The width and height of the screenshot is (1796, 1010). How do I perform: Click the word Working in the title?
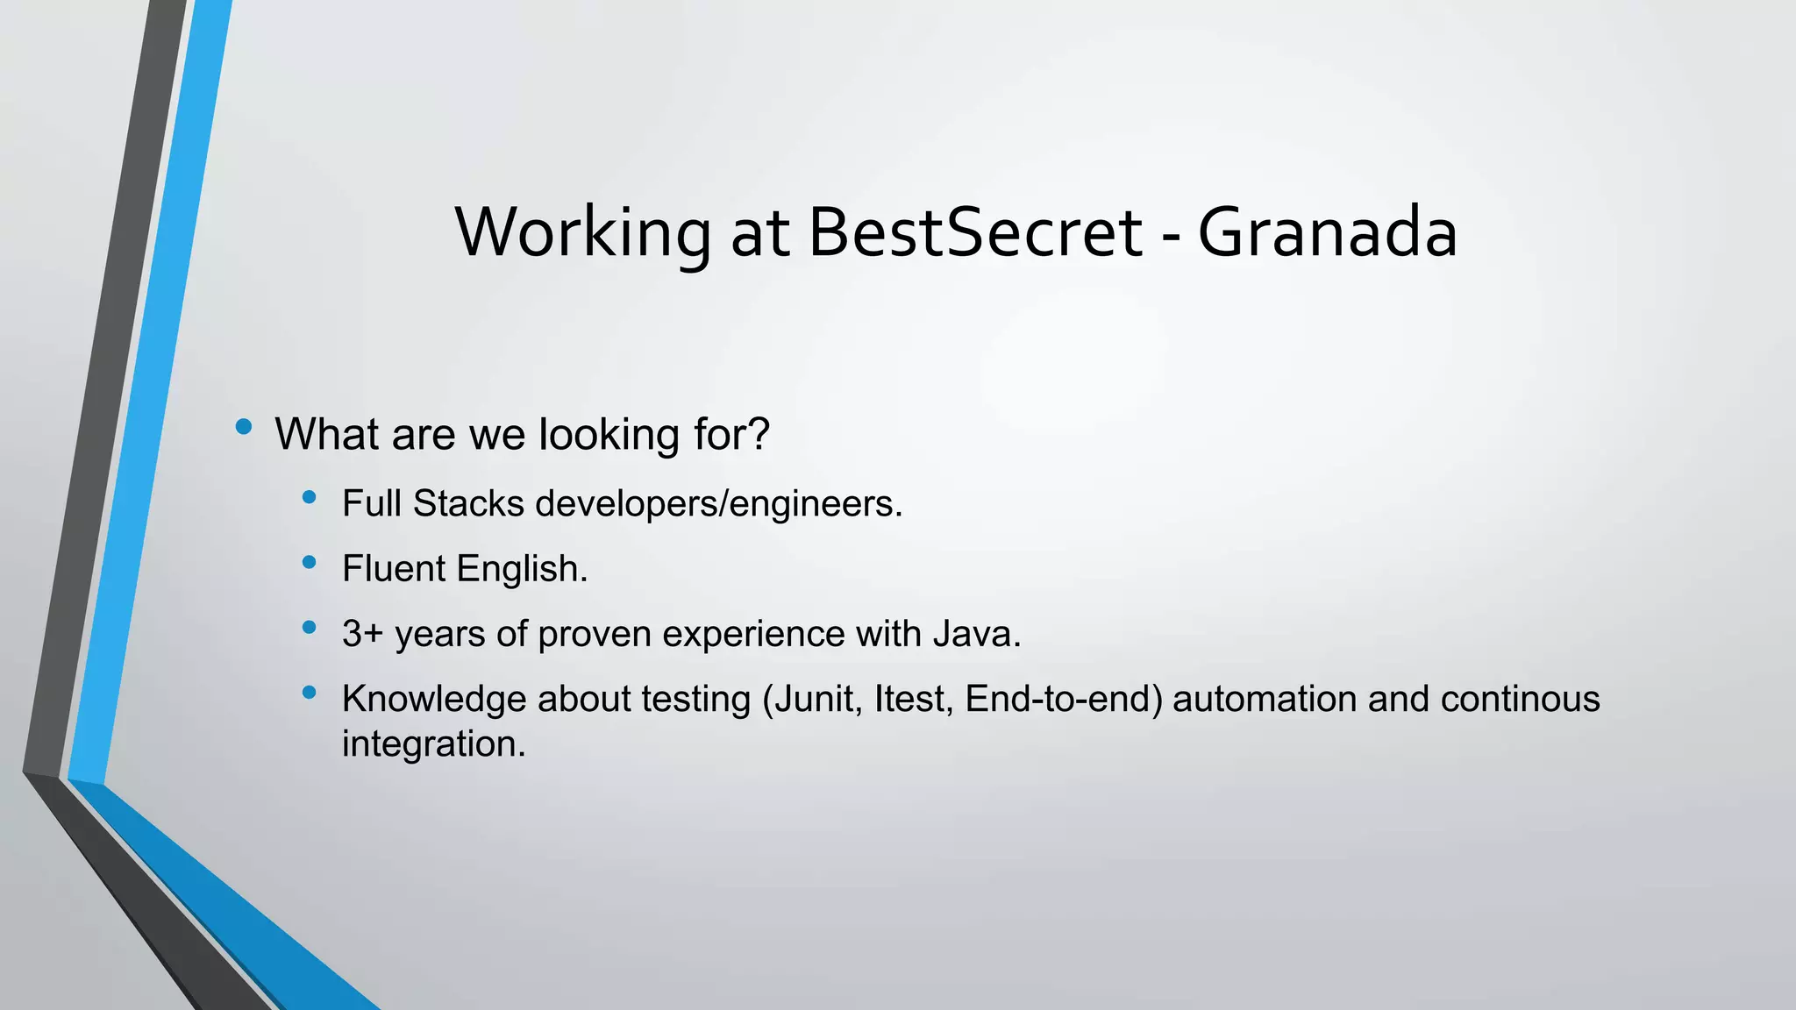pyautogui.click(x=582, y=233)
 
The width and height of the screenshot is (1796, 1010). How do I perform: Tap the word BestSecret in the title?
pyautogui.click(x=974, y=233)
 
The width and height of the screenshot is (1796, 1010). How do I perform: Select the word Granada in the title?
pyautogui.click(x=1327, y=233)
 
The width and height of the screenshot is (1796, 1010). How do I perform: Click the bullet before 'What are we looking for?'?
pyautogui.click(x=244, y=428)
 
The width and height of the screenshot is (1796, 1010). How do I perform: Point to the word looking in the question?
pyautogui.click(x=609, y=434)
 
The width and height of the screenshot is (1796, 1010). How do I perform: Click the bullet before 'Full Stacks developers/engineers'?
pyautogui.click(x=308, y=498)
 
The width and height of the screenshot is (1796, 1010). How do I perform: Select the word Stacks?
pyautogui.click(x=468, y=503)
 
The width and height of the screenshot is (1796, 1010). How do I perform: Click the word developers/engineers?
pyautogui.click(x=716, y=504)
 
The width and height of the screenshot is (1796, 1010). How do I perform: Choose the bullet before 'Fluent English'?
pyautogui.click(x=308, y=563)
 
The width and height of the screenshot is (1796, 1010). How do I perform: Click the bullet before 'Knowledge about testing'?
pyautogui.click(x=308, y=693)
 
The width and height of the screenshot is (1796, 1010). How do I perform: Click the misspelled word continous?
pyautogui.click(x=1520, y=699)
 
